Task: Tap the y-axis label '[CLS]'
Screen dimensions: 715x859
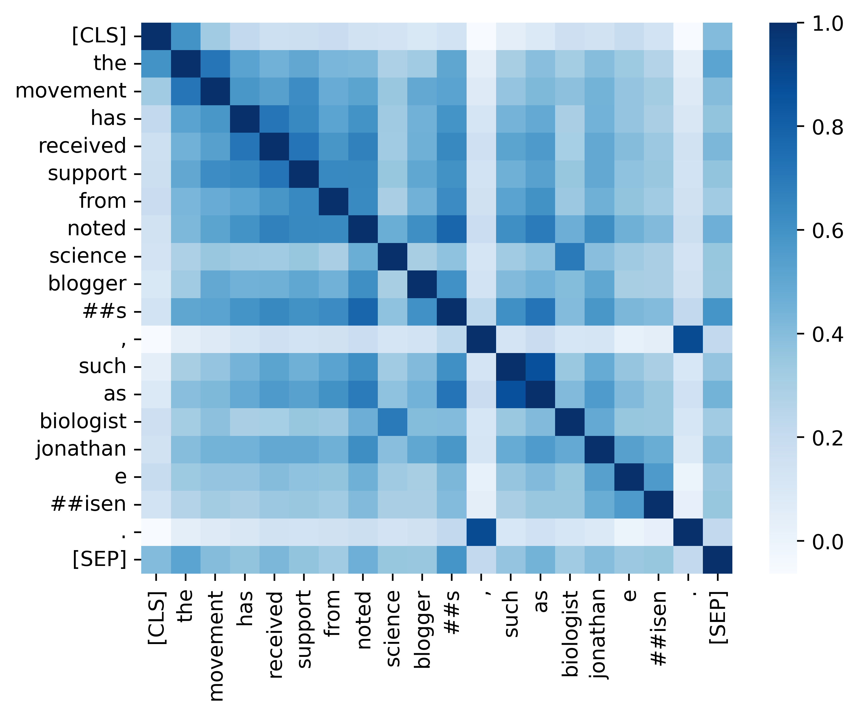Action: [99, 35]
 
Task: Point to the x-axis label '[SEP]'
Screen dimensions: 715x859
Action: [718, 618]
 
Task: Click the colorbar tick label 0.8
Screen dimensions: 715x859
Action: [827, 128]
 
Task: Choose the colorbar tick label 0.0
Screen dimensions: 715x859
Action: [827, 542]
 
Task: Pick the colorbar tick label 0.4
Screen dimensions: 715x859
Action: [827, 335]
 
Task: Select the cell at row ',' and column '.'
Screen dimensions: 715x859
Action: [688, 339]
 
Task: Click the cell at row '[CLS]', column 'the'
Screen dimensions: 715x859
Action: [185, 36]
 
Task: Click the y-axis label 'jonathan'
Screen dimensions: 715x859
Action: [81, 449]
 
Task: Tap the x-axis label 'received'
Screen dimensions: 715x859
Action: [274, 634]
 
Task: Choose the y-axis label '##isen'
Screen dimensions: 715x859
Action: [88, 504]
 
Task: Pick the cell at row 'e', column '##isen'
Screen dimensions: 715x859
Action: [658, 476]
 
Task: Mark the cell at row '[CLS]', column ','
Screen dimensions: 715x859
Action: [481, 36]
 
